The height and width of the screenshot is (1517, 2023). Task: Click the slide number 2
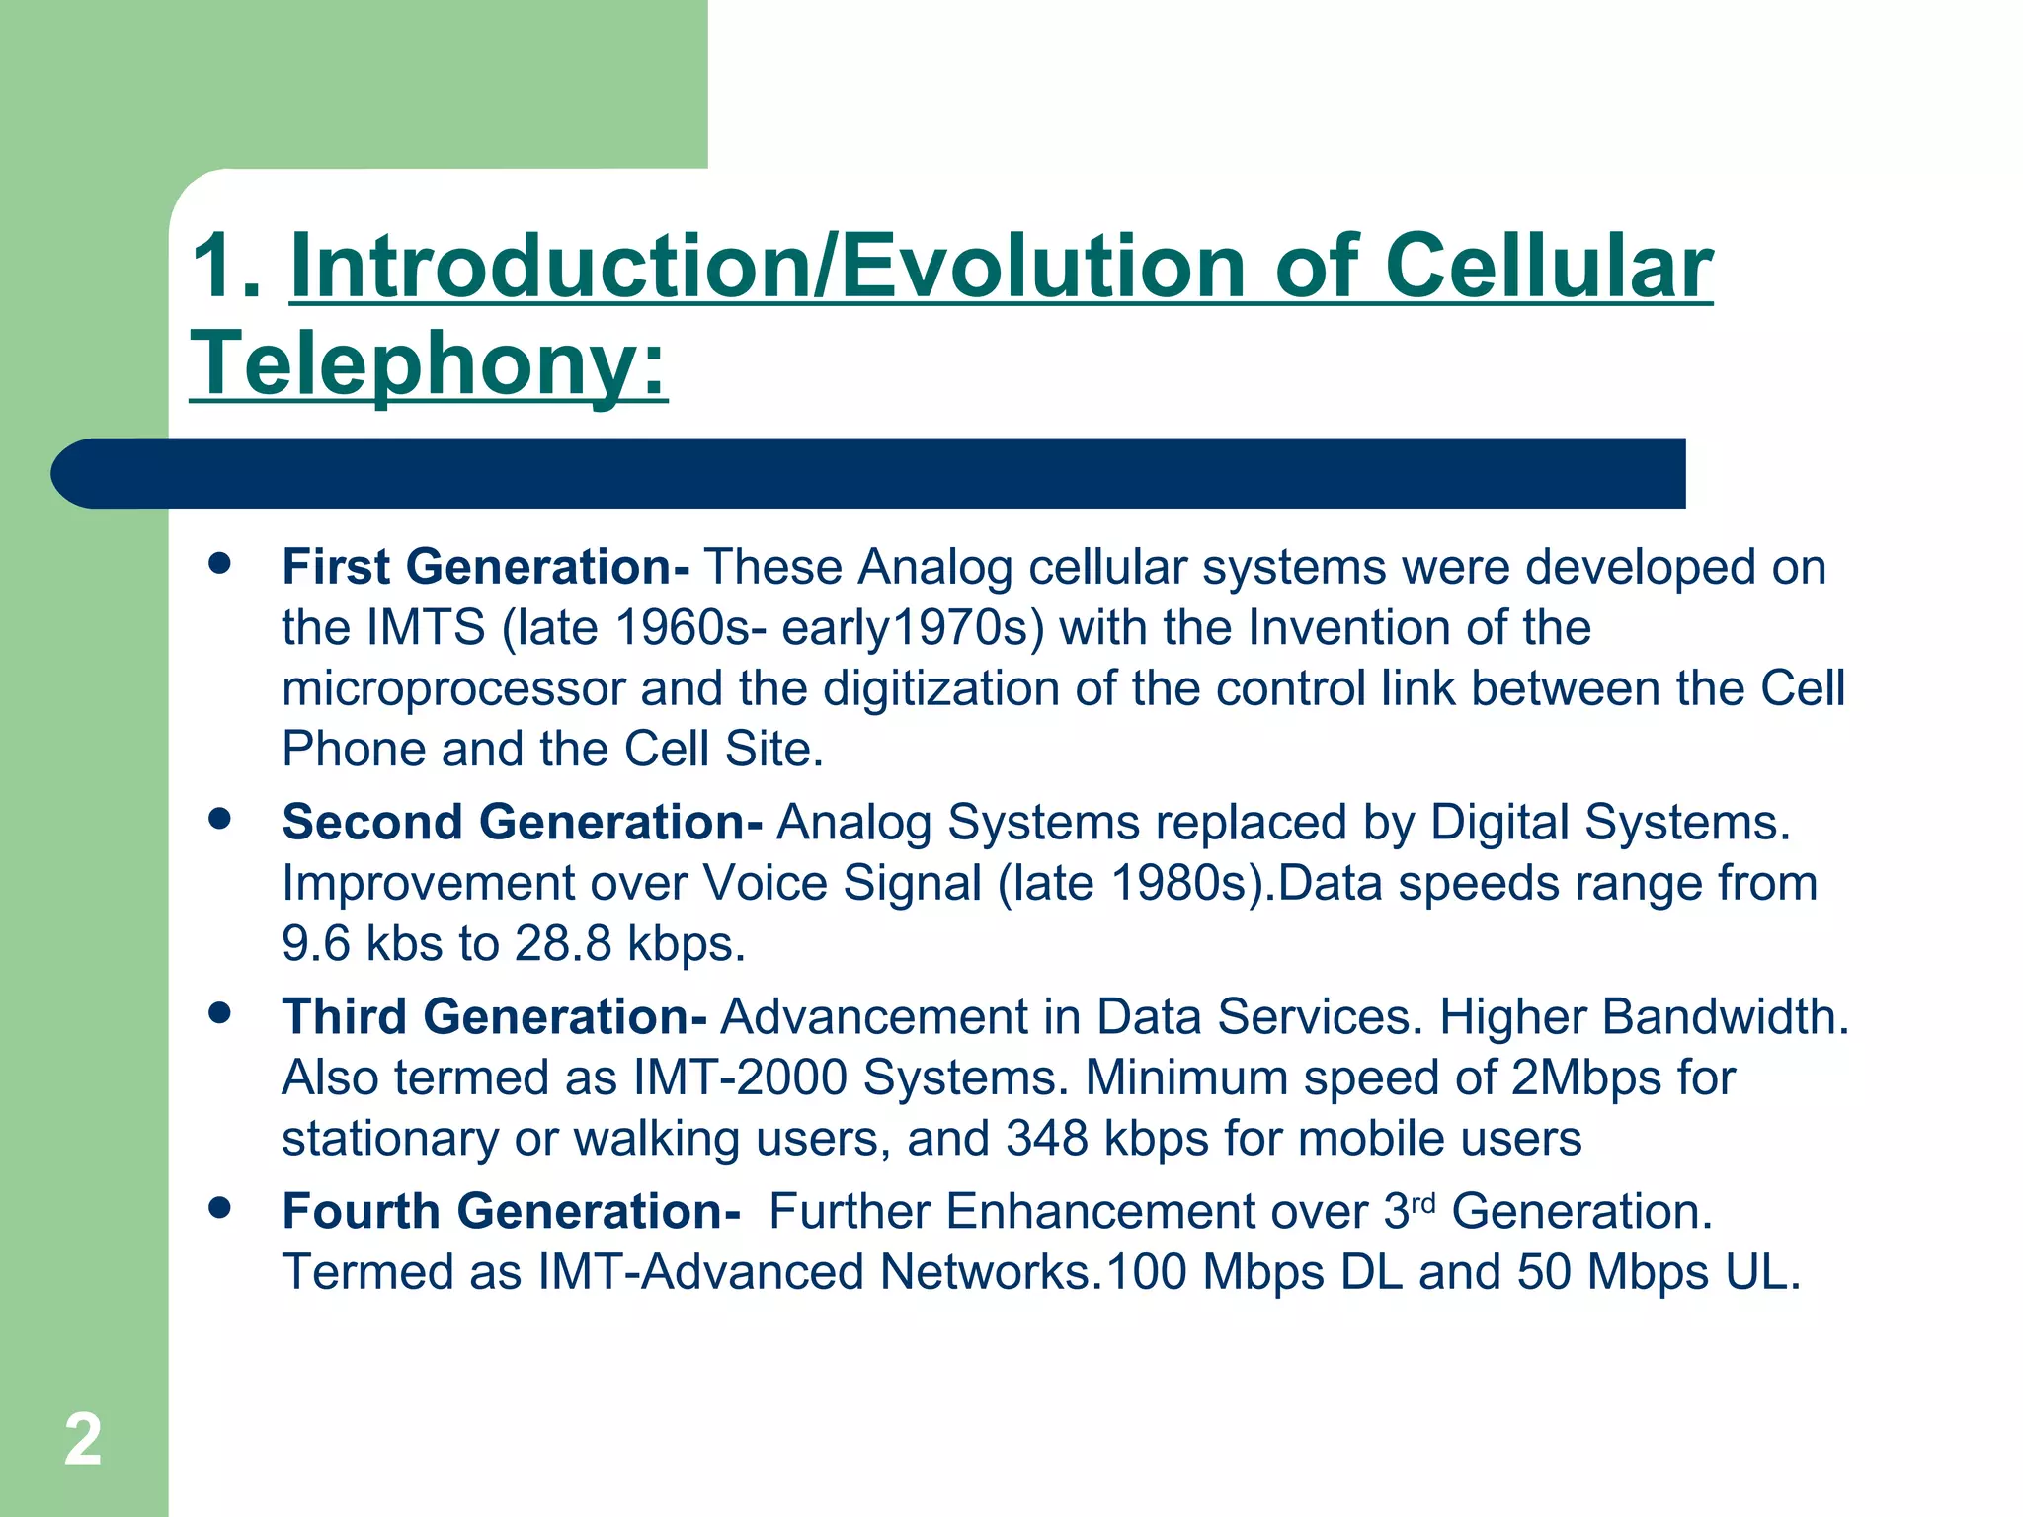tap(83, 1440)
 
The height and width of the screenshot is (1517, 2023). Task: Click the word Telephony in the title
tap(415, 363)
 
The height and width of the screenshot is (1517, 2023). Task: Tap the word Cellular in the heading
tap(1548, 267)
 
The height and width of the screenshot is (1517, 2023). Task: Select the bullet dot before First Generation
tap(219, 564)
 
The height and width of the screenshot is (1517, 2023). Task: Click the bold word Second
tap(371, 822)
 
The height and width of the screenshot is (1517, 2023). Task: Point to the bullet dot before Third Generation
tap(219, 1013)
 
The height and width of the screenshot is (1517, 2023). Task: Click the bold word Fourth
tap(361, 1211)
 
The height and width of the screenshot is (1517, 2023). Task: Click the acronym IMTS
tap(426, 628)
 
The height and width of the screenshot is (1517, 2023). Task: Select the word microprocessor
tap(452, 688)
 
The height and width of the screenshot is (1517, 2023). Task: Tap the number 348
tap(1047, 1138)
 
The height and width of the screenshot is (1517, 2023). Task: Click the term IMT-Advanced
tap(701, 1272)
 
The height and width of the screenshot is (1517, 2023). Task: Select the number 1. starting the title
tap(226, 267)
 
